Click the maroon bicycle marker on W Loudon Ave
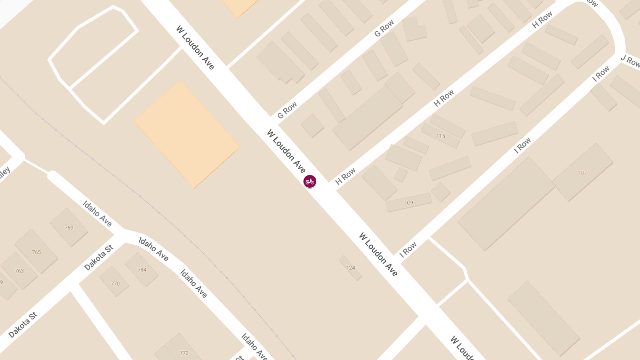[x=310, y=182]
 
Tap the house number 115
[x=441, y=136]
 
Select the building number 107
[x=582, y=173]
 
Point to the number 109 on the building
[x=409, y=203]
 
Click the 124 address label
[x=350, y=268]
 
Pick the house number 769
[x=69, y=228]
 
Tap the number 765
[x=36, y=252]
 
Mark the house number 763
[x=19, y=271]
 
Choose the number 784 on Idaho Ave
[x=142, y=270]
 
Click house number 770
[x=115, y=284]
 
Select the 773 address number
[x=184, y=353]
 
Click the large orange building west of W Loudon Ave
[x=187, y=134]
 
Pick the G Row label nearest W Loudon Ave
[x=287, y=110]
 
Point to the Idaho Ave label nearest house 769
[x=98, y=213]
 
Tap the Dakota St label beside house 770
[x=99, y=258]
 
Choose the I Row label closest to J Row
[x=601, y=73]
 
